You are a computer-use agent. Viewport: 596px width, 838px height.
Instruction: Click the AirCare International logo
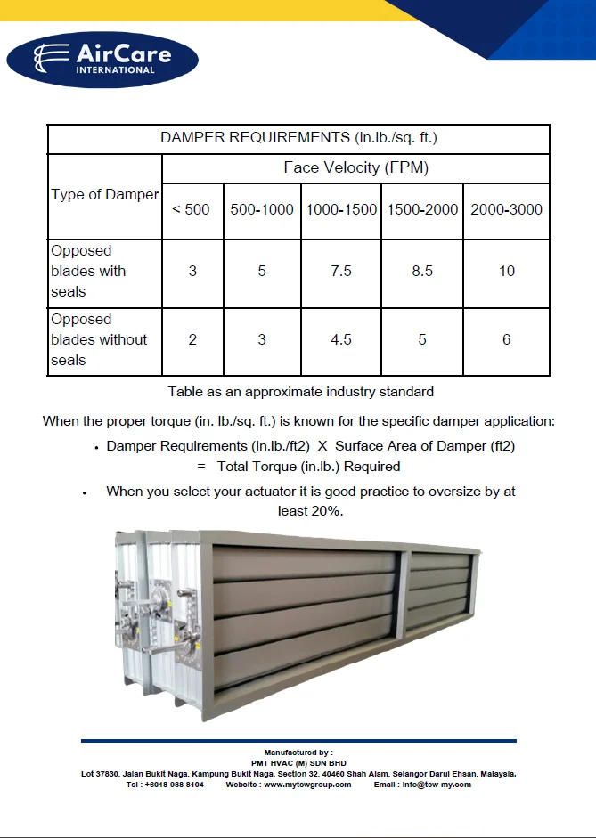coord(102,58)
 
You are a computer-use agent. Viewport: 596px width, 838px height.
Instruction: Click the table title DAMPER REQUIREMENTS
coord(298,138)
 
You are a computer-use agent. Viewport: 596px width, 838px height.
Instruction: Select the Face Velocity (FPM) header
coord(355,167)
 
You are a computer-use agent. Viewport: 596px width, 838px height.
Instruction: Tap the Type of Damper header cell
coord(104,195)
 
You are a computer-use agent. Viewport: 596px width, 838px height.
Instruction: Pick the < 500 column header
coord(192,210)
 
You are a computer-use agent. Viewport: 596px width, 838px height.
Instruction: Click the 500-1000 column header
coord(262,210)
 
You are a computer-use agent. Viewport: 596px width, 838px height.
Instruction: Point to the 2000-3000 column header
coord(506,210)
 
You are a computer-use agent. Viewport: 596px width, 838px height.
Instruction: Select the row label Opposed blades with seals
coord(88,272)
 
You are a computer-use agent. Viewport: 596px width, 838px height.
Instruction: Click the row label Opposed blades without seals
coord(98,340)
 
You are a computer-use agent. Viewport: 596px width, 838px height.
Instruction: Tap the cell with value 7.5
coord(341,272)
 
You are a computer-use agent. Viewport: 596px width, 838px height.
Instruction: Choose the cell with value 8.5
coord(422,272)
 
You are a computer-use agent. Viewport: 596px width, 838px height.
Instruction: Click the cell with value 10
coord(506,272)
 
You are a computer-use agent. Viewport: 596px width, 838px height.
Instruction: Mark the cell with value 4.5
coord(341,340)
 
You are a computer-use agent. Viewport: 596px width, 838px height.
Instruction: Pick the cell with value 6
coord(506,340)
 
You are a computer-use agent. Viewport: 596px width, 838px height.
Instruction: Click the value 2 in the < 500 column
coord(192,340)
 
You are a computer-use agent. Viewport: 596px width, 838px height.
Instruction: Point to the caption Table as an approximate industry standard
coord(300,392)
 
